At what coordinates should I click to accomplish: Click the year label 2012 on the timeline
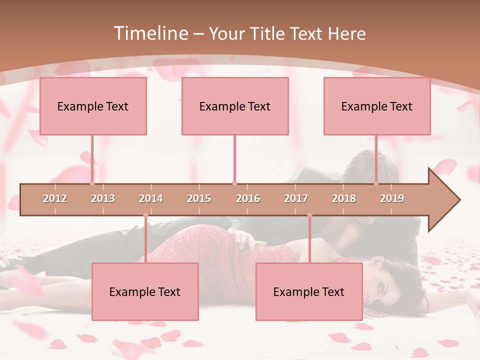tap(55, 199)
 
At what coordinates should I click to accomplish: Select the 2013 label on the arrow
tap(103, 199)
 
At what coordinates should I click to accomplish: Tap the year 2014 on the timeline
tap(151, 199)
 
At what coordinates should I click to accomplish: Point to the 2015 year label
tap(199, 199)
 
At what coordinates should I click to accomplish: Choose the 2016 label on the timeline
tap(248, 199)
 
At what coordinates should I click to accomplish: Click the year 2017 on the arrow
tap(296, 199)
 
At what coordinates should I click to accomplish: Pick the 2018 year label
tap(344, 199)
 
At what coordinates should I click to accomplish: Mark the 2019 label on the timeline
tap(392, 199)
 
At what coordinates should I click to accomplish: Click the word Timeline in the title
tap(150, 33)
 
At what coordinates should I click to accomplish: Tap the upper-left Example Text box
tap(93, 106)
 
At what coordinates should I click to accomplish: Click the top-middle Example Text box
tap(235, 106)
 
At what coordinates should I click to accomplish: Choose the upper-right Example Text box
tap(377, 106)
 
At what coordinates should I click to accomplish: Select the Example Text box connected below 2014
tap(145, 291)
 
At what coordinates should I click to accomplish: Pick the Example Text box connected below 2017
tap(309, 291)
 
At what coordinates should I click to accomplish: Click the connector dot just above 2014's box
tap(145, 215)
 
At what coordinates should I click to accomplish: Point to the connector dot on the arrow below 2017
tap(309, 215)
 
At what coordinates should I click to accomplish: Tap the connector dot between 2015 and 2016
tap(234, 183)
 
